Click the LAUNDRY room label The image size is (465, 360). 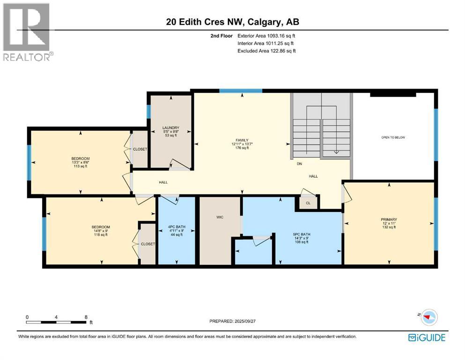coord(170,128)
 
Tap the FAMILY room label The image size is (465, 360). coord(242,139)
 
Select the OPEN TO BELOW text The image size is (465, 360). coord(392,137)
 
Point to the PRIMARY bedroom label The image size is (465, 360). coord(389,219)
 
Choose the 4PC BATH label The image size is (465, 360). coord(176,226)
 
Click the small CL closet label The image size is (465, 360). coord(308,203)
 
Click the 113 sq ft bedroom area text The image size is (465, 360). coord(80,166)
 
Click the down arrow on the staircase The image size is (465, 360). coord(336,151)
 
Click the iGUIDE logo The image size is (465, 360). coord(427,337)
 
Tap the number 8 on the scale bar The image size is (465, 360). coord(86,317)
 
